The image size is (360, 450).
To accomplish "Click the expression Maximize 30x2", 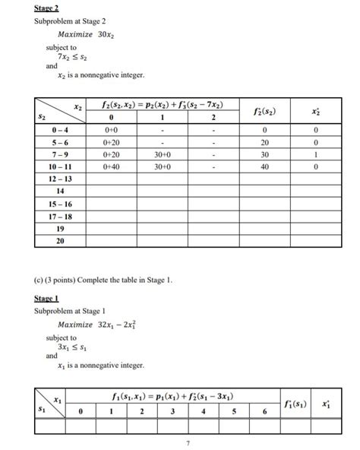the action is point(84,35).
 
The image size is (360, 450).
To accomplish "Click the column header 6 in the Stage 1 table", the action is point(264,412).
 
